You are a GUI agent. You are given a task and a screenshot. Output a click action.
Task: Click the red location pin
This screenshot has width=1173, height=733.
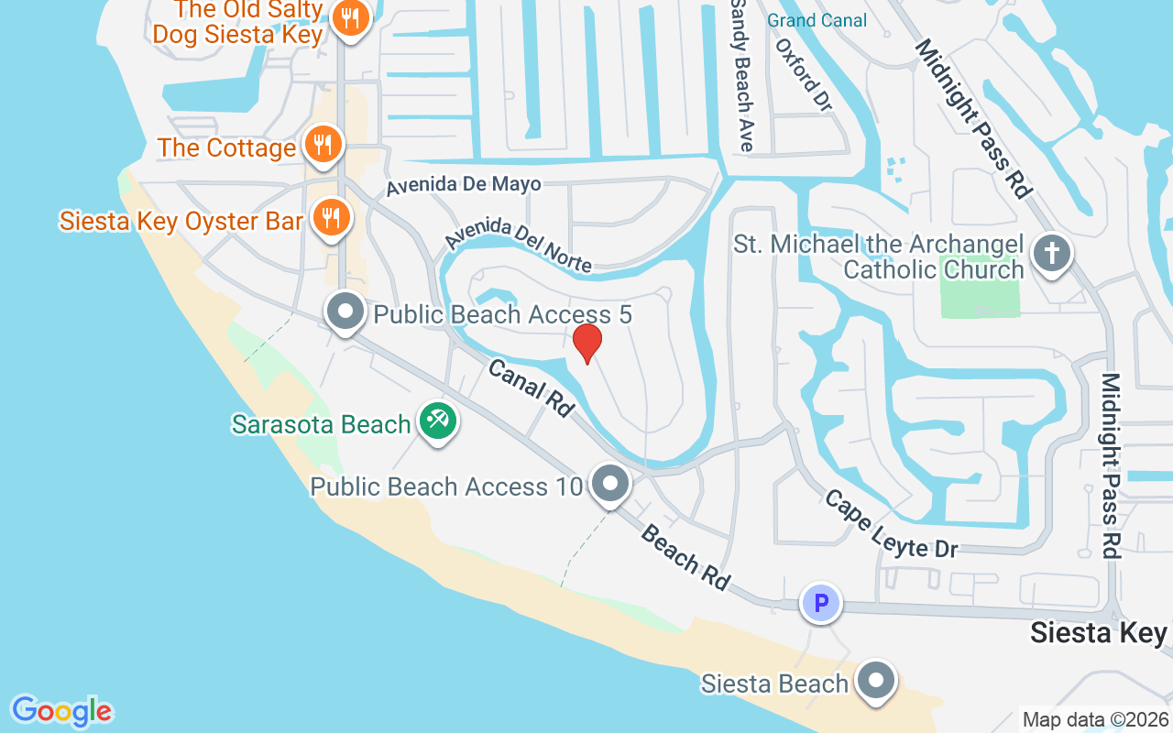click(586, 343)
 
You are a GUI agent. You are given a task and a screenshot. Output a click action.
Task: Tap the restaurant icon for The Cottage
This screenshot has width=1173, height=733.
click(323, 145)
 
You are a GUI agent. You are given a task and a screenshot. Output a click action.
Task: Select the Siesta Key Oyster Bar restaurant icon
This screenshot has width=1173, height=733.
click(331, 218)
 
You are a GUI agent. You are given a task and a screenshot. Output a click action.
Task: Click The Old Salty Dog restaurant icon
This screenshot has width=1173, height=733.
click(350, 17)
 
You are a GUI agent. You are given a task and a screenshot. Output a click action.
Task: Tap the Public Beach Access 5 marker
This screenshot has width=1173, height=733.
click(345, 312)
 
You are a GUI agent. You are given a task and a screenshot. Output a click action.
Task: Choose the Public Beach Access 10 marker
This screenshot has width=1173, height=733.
click(608, 483)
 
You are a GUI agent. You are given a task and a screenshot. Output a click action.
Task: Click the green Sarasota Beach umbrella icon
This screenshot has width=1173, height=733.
click(437, 421)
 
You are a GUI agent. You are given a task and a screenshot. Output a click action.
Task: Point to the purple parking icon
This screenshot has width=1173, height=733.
click(821, 603)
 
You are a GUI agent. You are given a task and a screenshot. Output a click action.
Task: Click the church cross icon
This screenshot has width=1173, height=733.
click(1052, 252)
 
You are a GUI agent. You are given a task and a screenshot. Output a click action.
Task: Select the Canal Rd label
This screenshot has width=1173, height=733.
click(531, 386)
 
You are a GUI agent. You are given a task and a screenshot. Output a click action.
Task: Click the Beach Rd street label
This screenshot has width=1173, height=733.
click(685, 556)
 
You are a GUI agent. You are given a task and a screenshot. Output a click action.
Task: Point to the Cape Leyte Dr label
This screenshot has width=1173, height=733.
click(890, 523)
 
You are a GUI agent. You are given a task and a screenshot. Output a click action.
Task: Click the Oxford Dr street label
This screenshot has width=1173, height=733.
click(803, 74)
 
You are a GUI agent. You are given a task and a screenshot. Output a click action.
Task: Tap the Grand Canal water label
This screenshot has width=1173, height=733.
click(817, 20)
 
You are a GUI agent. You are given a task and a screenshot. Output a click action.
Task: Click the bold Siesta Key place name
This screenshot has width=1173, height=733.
click(1098, 632)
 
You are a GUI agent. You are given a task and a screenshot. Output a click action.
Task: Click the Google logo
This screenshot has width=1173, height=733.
click(61, 711)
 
